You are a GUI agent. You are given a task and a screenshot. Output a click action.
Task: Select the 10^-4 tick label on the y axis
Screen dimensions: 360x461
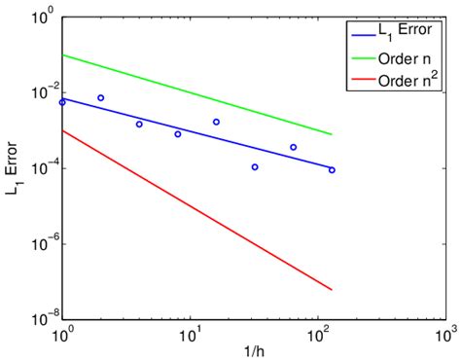(x=40, y=168)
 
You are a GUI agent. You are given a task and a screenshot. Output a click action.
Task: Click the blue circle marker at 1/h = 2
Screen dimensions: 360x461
(x=100, y=98)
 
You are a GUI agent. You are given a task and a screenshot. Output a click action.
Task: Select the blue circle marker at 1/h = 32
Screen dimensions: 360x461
(x=255, y=167)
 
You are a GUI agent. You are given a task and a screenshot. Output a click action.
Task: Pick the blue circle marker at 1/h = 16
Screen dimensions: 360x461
(x=216, y=122)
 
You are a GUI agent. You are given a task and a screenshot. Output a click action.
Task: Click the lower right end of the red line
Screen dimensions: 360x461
(x=332, y=289)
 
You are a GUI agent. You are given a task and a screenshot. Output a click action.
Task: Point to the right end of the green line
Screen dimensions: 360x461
(x=332, y=134)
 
